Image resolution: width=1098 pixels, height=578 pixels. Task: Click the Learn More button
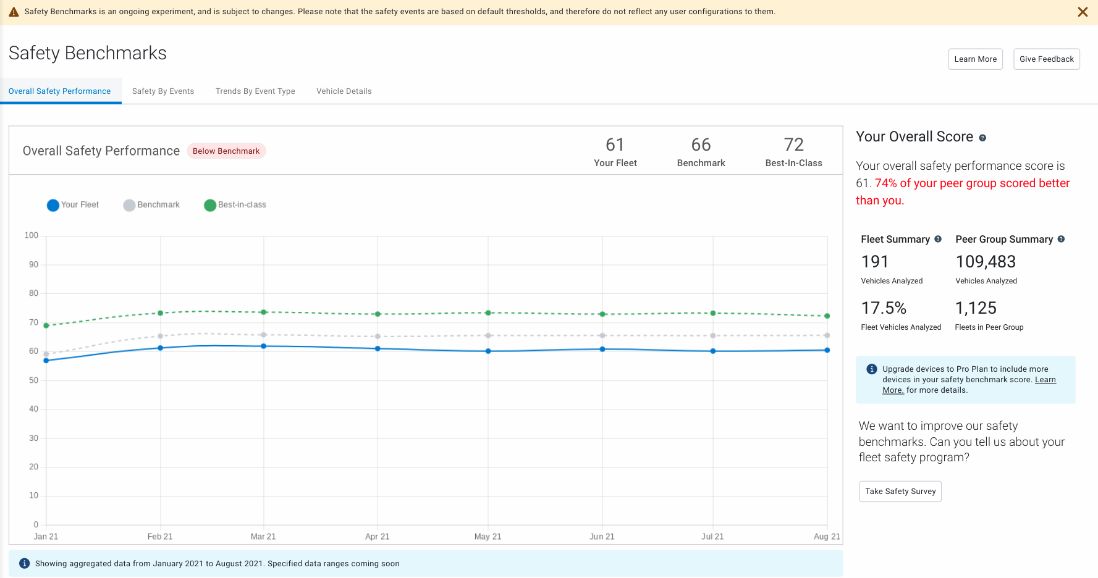pyautogui.click(x=975, y=59)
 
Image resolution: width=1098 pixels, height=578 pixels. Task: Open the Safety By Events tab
pyautogui.click(x=163, y=91)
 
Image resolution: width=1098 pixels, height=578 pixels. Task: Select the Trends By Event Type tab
pyautogui.click(x=255, y=91)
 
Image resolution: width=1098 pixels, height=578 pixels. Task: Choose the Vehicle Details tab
pyautogui.click(x=344, y=91)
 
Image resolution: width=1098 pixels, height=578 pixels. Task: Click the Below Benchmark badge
pyautogui.click(x=226, y=151)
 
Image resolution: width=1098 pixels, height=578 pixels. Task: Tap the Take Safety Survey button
pyautogui.click(x=900, y=492)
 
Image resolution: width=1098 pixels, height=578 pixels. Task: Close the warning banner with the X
pyautogui.click(x=1083, y=12)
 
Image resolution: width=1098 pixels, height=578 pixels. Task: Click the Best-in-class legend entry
pyautogui.click(x=235, y=205)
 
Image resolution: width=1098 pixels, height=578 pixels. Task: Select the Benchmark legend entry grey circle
pyautogui.click(x=129, y=206)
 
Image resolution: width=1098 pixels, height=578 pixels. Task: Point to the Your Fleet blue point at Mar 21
pyautogui.click(x=264, y=346)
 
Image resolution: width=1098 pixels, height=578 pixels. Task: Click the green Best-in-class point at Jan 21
pyautogui.click(x=46, y=325)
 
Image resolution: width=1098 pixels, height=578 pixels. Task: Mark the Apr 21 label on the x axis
pyautogui.click(x=377, y=537)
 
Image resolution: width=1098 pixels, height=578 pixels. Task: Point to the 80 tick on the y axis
pyautogui.click(x=33, y=293)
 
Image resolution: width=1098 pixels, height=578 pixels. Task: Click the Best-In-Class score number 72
pyautogui.click(x=793, y=145)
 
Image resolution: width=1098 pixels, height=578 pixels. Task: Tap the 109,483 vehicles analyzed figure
pyautogui.click(x=986, y=262)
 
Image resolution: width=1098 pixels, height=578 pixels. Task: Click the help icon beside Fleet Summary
pyautogui.click(x=938, y=239)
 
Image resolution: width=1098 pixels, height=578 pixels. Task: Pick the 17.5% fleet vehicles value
pyautogui.click(x=884, y=308)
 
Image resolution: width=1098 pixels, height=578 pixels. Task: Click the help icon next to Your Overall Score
pyautogui.click(x=982, y=138)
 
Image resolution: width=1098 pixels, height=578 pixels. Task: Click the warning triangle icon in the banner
pyautogui.click(x=14, y=12)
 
